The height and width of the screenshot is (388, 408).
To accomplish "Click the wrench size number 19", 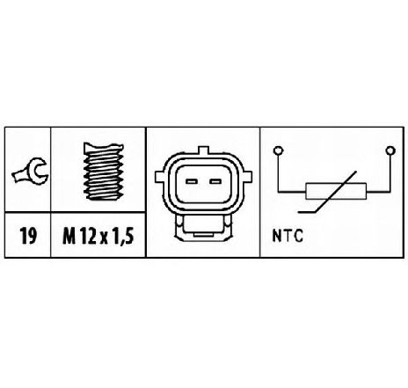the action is tap(28, 236).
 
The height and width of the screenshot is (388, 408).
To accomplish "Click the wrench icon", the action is tap(30, 172).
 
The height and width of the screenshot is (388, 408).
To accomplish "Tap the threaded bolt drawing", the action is tap(103, 171).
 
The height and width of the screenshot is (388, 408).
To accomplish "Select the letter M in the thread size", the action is tap(69, 236).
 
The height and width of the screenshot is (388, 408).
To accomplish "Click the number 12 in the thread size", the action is tap(88, 236).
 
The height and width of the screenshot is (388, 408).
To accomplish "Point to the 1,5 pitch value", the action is tap(123, 237).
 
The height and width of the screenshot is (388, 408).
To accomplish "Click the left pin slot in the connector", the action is tap(191, 181).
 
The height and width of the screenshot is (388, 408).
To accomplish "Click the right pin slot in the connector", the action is tap(215, 181).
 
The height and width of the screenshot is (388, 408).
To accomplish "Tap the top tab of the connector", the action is tap(203, 150).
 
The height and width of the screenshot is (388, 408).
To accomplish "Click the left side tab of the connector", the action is tap(159, 177).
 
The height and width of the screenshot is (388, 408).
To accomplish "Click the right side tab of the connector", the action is tap(247, 177).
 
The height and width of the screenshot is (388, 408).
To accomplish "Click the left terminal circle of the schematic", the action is tap(278, 150).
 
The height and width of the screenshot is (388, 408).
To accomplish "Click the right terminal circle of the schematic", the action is tap(390, 150).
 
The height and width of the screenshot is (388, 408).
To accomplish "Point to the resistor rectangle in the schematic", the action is tap(336, 191).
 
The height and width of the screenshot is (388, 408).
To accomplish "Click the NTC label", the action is tap(288, 236).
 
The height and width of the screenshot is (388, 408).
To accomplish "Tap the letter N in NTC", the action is tap(277, 236).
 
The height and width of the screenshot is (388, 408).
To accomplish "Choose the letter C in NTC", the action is tap(297, 236).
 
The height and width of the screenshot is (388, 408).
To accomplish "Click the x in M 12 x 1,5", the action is tap(104, 238).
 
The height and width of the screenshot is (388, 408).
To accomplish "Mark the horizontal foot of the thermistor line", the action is tap(307, 211).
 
